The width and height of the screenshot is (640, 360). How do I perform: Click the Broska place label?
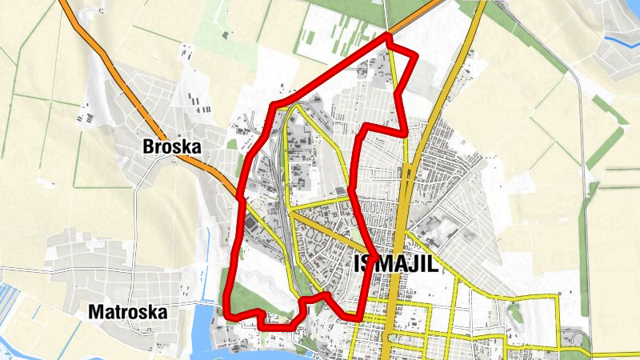coord(170,147)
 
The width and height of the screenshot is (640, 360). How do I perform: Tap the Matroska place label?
coord(129,312)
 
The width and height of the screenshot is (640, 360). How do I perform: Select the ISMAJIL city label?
coord(396,265)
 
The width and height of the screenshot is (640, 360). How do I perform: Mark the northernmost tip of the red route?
coord(389,36)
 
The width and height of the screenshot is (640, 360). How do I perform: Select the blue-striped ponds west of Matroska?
coord(16,296)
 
